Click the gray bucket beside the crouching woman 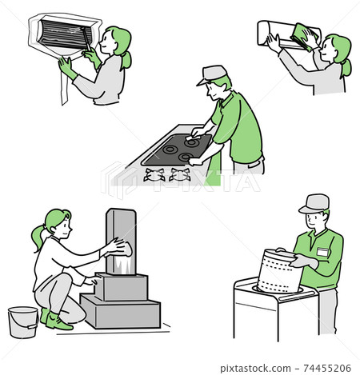click(x=22, y=322)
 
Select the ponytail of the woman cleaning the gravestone click(x=37, y=237)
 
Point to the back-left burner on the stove click(x=170, y=149)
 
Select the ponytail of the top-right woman click(x=346, y=67)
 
